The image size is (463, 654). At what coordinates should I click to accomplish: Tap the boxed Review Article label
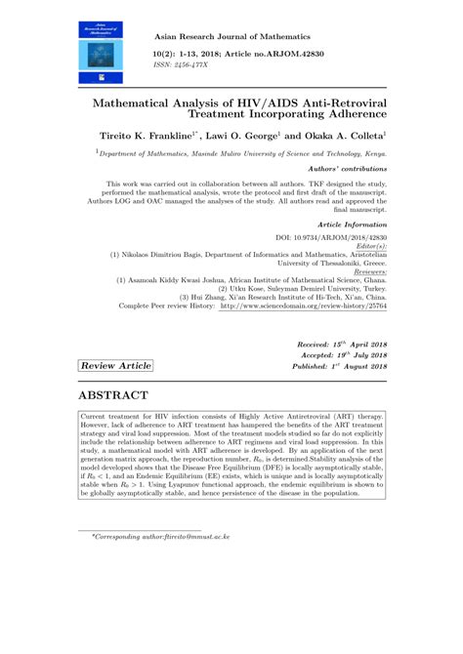coord(116,365)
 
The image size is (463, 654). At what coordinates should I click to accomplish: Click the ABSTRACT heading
coord(112,395)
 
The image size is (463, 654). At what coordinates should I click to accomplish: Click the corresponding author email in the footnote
coord(189,537)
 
